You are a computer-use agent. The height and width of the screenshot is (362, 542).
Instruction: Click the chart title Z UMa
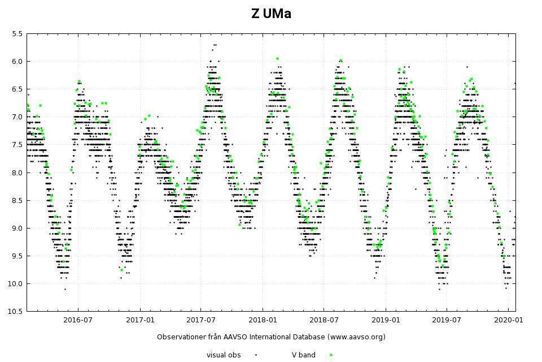click(271, 14)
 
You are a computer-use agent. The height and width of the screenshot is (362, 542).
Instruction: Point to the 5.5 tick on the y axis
click(17, 34)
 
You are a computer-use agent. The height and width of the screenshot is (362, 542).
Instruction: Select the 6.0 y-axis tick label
click(17, 62)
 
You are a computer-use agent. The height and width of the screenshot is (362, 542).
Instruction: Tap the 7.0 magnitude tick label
click(17, 117)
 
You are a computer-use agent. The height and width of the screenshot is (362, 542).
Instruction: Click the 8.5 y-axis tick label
click(17, 200)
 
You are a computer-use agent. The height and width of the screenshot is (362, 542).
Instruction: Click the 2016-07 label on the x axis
click(77, 320)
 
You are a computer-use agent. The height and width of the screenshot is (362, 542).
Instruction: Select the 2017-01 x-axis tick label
click(140, 320)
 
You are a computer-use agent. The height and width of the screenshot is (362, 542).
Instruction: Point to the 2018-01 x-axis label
click(263, 320)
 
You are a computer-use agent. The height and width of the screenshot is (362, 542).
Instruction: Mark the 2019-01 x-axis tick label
click(386, 320)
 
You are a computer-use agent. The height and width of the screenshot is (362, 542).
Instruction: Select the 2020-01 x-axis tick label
click(509, 320)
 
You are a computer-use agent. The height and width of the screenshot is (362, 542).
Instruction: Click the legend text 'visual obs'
click(224, 355)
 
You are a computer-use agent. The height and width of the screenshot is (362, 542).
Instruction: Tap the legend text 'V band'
click(303, 355)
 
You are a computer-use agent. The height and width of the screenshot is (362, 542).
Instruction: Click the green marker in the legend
click(331, 355)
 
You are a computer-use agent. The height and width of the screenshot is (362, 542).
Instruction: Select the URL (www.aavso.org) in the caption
click(349, 337)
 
